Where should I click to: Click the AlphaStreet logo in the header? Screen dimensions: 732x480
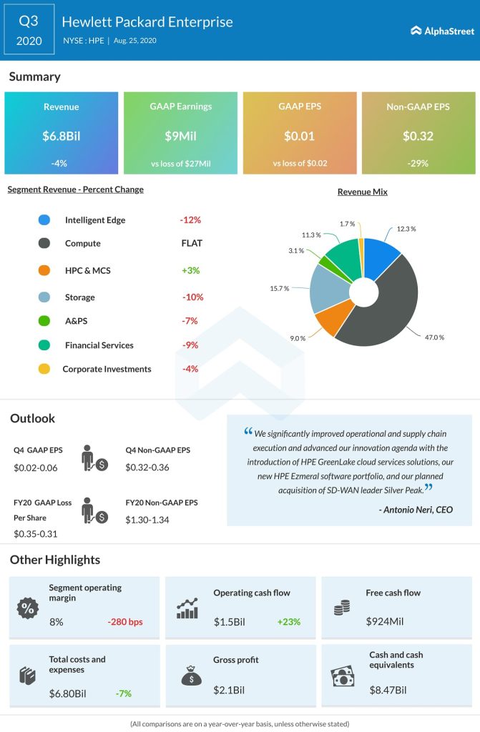(439, 30)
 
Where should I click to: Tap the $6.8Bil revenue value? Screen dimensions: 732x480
(61, 135)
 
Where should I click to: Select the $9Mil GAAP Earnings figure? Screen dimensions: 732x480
(180, 135)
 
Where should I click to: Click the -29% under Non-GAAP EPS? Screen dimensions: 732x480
(418, 163)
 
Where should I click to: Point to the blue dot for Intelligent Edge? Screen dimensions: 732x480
(44, 220)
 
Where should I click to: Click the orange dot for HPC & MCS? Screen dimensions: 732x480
(44, 270)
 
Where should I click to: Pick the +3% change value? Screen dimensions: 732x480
(190, 270)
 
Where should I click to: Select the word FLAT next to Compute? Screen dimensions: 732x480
(192, 243)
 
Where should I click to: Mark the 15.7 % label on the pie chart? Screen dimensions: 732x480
(280, 288)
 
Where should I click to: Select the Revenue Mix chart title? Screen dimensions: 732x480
(363, 192)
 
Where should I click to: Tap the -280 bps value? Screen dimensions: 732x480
(125, 622)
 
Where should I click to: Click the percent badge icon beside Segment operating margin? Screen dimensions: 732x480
(27, 609)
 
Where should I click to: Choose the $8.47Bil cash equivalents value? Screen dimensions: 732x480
(388, 690)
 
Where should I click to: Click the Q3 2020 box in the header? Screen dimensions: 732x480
(29, 31)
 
